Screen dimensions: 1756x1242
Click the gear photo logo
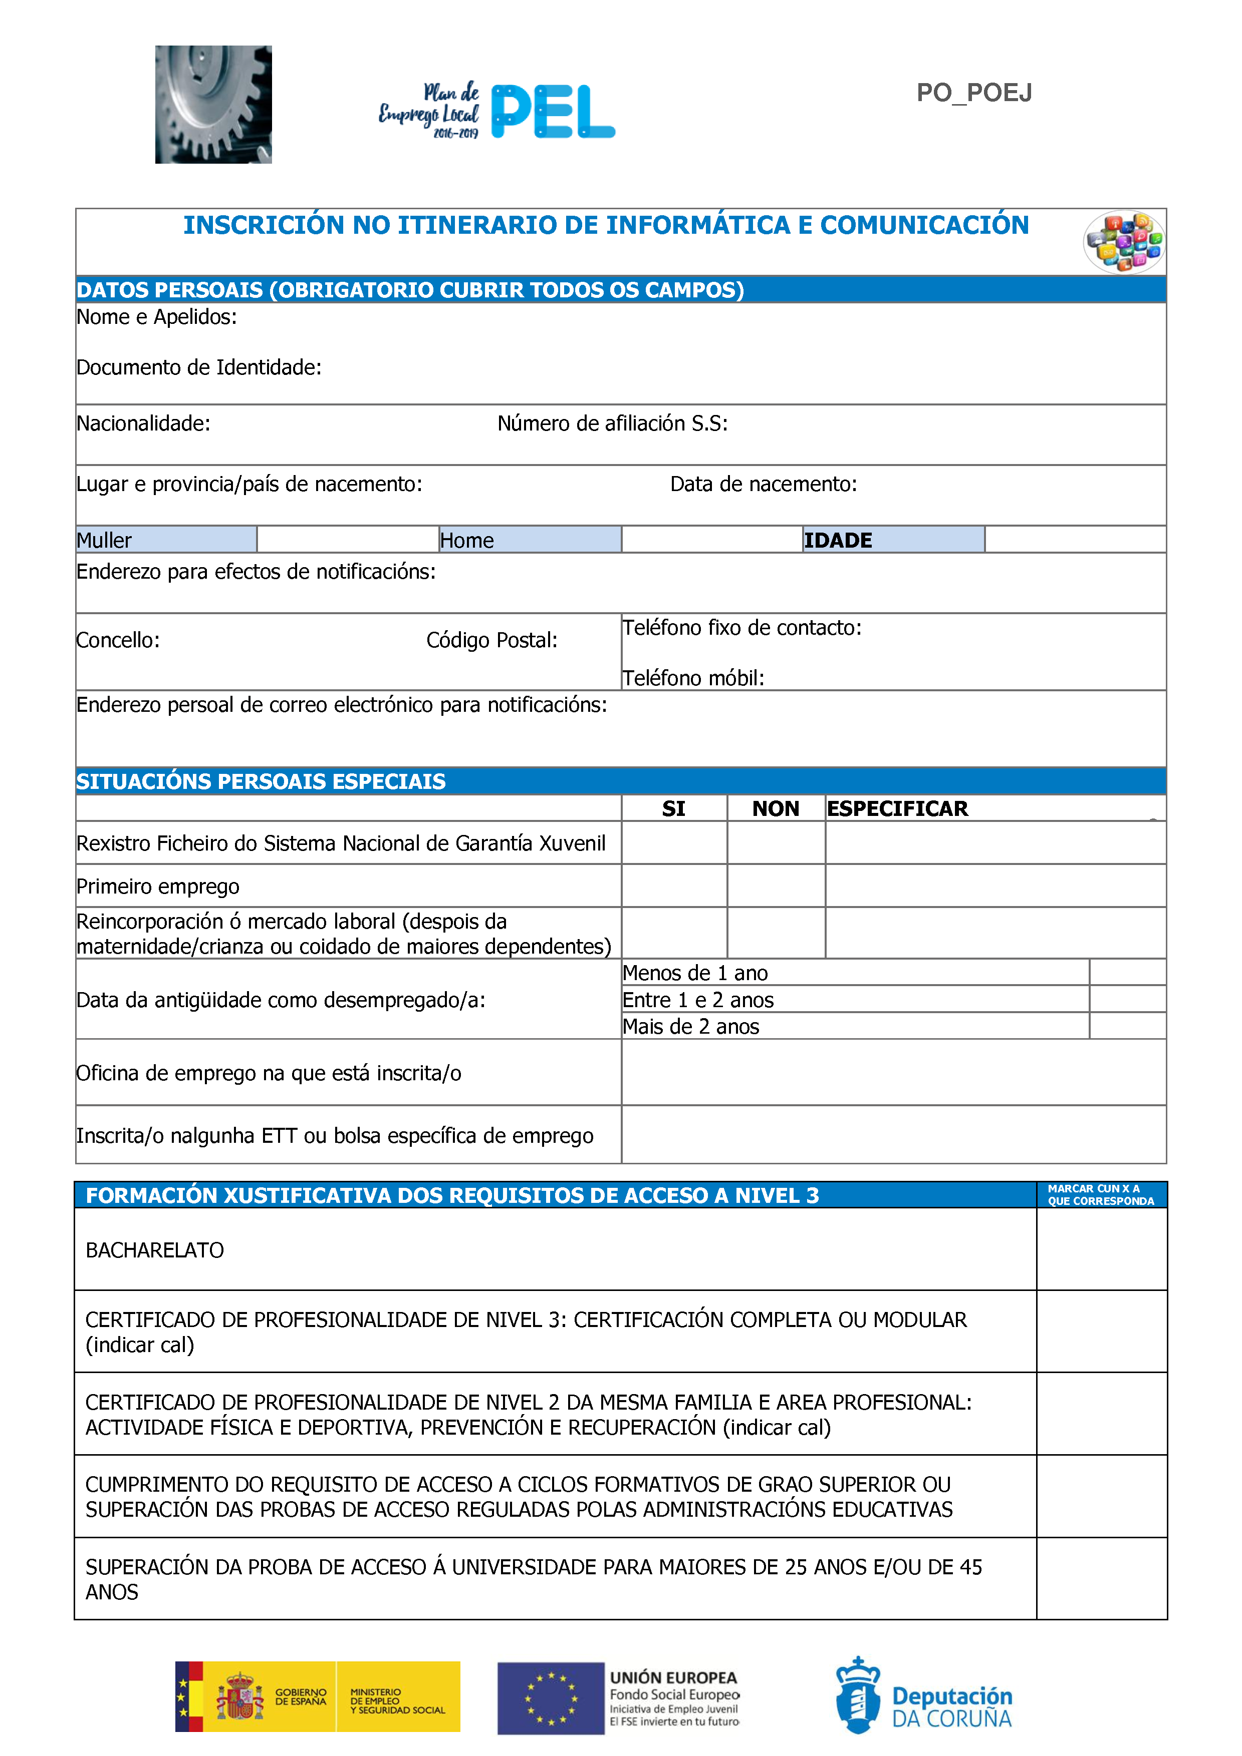point(213,104)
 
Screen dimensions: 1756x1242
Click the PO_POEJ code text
point(973,93)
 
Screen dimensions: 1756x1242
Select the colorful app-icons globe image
point(1123,242)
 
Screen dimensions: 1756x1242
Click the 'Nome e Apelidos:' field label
point(157,317)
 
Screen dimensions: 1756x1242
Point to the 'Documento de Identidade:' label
point(199,368)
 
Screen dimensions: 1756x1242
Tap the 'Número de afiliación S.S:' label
point(612,423)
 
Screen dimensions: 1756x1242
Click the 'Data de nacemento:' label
point(763,484)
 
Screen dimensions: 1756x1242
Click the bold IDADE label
point(838,541)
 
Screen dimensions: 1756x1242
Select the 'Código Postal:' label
point(491,640)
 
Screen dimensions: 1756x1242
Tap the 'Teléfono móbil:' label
point(693,678)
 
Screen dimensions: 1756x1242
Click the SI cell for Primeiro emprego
point(673,886)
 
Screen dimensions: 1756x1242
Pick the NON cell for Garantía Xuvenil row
point(775,843)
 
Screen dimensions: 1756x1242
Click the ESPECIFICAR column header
point(897,808)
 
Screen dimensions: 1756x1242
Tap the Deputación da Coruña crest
point(857,1695)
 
